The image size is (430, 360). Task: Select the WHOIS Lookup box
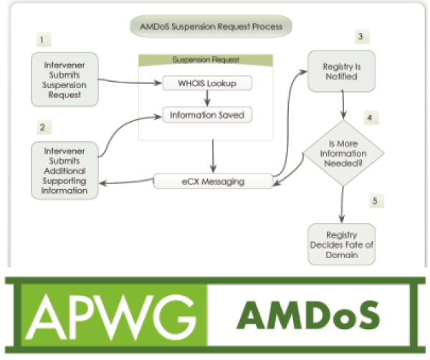click(207, 83)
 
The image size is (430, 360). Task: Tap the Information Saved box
click(207, 114)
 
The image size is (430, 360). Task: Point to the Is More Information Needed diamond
click(341, 152)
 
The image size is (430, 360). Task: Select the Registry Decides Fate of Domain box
click(341, 244)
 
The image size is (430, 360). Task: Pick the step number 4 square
click(369, 116)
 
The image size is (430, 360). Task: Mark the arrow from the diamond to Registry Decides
click(341, 204)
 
